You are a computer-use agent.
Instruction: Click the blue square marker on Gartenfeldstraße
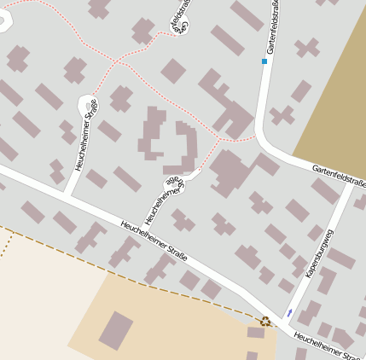tap(264, 61)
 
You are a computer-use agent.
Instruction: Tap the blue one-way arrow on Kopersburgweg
tap(290, 312)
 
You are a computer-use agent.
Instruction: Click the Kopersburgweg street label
tap(319, 253)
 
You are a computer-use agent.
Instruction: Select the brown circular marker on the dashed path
tap(265, 322)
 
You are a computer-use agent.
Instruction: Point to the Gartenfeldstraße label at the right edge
tap(339, 177)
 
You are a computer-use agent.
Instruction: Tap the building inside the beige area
tap(116, 330)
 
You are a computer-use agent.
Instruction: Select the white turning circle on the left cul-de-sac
tap(86, 106)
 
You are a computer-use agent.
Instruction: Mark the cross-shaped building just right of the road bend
tap(282, 114)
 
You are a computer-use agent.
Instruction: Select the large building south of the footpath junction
tap(230, 171)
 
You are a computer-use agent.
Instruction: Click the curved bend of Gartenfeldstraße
tap(266, 142)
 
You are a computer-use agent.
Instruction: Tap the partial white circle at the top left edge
tap(4, 21)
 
